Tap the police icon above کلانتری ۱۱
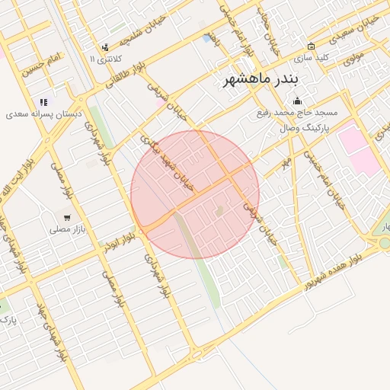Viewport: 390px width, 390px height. [x=104, y=47]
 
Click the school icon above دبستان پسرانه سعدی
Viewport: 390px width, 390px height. [x=43, y=101]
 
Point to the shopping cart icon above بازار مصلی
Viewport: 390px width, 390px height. [x=67, y=218]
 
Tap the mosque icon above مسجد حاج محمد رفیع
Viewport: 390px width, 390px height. [x=297, y=101]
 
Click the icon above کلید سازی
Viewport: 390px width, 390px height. [x=311, y=46]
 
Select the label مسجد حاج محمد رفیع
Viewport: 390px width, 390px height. [x=296, y=113]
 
